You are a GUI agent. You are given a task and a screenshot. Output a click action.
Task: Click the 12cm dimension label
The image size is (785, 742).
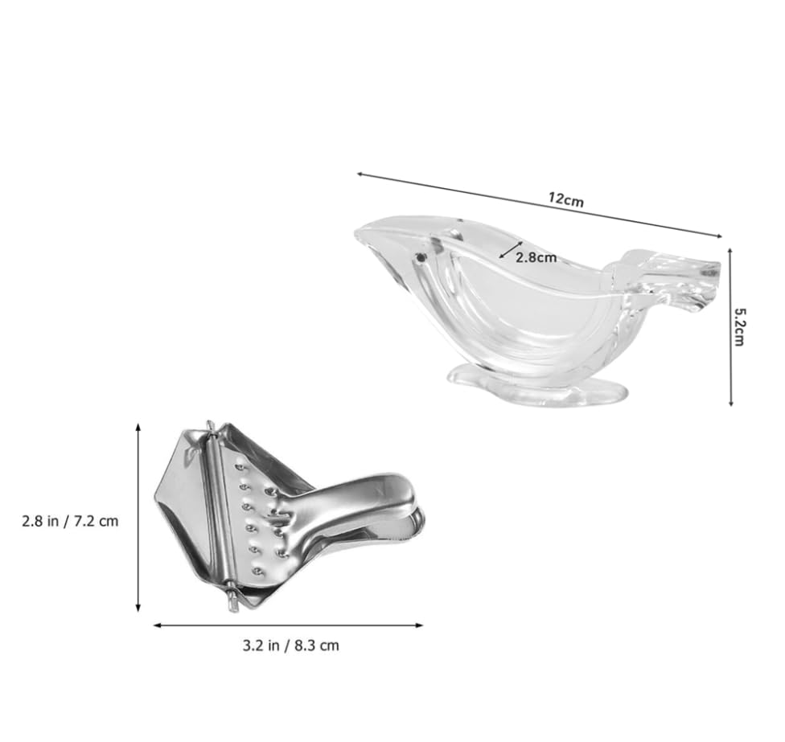coord(566,200)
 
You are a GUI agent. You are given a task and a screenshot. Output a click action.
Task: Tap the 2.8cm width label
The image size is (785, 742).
coord(536,258)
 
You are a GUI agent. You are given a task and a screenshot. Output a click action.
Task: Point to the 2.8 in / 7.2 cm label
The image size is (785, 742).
coord(70,521)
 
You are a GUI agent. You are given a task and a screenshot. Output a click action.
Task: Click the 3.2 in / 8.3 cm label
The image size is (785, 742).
coord(291,645)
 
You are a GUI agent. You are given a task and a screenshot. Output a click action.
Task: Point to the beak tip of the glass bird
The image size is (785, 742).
coord(360,233)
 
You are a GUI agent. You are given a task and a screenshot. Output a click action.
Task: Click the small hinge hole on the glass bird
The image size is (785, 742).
coord(420,257)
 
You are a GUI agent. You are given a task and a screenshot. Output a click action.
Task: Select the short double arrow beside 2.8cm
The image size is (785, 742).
coord(511,250)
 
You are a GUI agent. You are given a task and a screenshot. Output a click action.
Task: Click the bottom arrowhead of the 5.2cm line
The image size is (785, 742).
coord(730,404)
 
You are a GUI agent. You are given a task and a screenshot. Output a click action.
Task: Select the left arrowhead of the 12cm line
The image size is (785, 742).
coord(359,173)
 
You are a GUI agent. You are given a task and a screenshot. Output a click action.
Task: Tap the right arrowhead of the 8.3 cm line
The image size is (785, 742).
coord(421,625)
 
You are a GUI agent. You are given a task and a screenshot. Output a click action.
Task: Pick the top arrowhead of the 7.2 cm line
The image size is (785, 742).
coord(138,426)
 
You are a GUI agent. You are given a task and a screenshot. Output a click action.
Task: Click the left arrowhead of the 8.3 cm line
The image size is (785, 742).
coord(154,625)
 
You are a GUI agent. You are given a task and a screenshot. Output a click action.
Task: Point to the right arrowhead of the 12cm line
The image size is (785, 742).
coord(720,236)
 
